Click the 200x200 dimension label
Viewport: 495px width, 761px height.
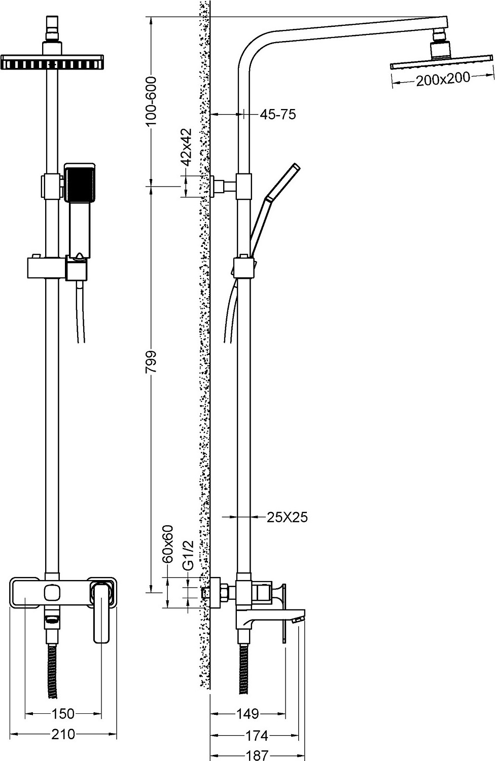443,79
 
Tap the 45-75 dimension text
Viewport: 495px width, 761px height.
277,115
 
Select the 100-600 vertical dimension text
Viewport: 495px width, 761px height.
151,101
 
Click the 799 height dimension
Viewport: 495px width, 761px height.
151,362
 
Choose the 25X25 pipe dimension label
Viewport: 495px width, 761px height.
287,517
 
